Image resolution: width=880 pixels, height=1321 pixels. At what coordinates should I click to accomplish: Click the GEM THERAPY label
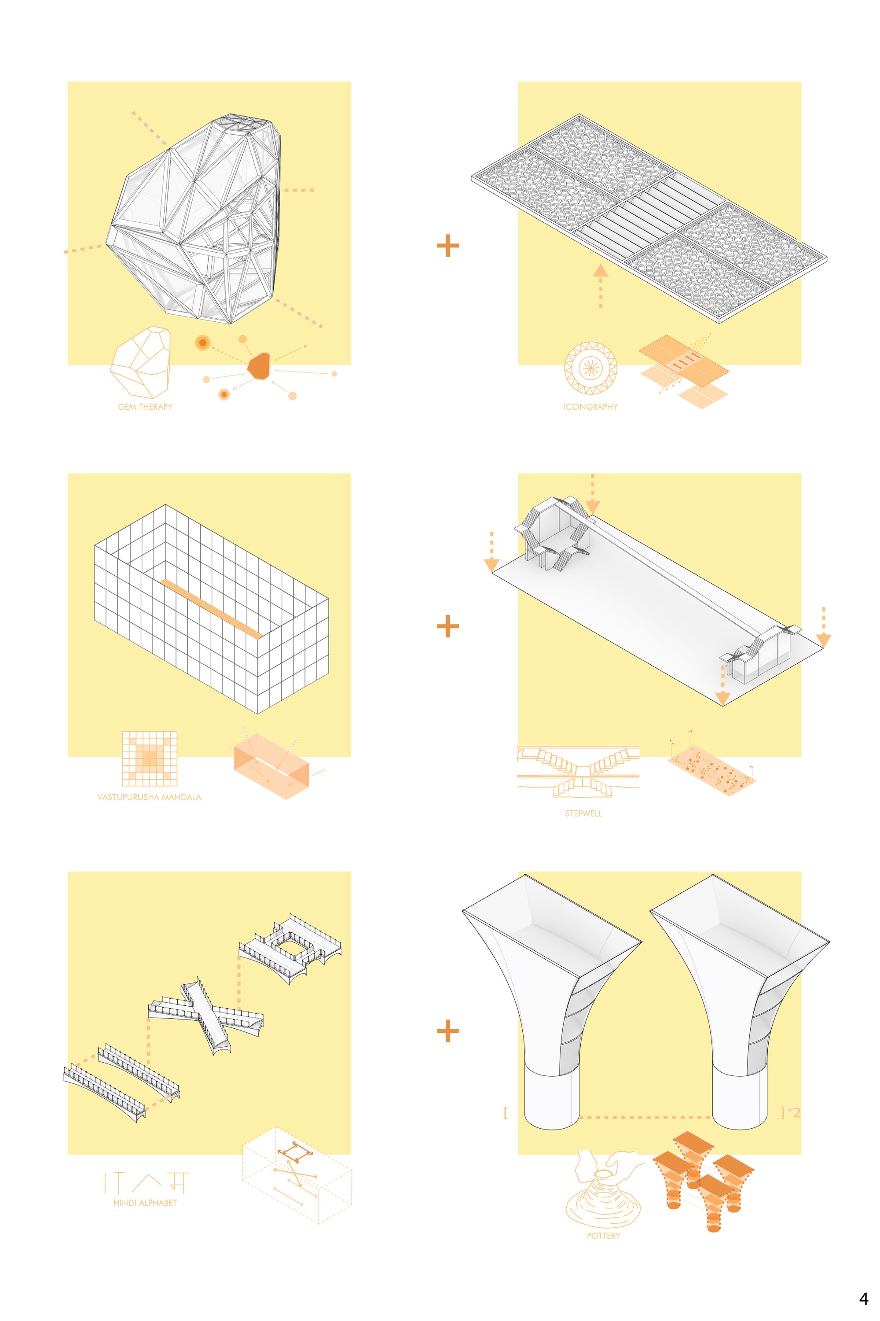[x=145, y=406]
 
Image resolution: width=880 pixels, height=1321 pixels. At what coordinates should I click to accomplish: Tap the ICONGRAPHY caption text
[x=590, y=406]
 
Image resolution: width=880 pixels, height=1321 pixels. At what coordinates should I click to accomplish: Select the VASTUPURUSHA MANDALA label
[x=149, y=797]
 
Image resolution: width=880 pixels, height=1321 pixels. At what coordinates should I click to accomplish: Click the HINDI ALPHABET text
[x=145, y=1203]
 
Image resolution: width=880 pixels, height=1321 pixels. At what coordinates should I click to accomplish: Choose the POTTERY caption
[x=603, y=1236]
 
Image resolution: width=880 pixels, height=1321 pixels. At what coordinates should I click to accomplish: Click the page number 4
[x=863, y=1299]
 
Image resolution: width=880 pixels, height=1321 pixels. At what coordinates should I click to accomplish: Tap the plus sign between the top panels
[x=447, y=245]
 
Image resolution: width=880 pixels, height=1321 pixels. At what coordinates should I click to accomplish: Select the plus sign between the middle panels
[x=447, y=626]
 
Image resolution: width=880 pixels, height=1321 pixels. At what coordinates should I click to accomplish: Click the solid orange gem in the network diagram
[x=259, y=366]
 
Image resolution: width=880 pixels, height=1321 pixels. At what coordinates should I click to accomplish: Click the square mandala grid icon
[x=149, y=758]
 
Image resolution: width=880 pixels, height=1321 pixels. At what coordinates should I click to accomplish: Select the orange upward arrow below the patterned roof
[x=601, y=286]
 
